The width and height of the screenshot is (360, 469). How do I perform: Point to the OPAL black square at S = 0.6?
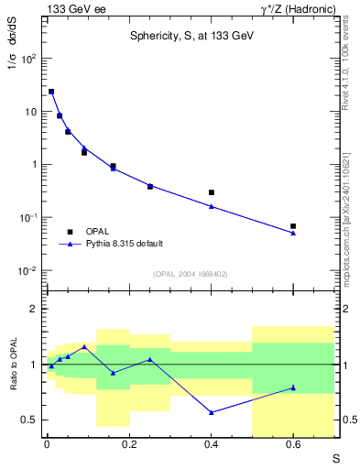coord(293,226)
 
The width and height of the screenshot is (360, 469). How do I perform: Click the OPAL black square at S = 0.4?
coord(211,192)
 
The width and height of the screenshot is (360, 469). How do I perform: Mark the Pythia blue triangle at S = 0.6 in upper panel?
coord(293,233)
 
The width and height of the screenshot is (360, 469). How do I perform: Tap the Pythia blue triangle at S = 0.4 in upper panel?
coord(211,206)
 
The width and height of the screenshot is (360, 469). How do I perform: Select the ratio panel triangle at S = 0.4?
coord(211,412)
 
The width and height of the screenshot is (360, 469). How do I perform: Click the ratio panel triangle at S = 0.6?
coord(293,387)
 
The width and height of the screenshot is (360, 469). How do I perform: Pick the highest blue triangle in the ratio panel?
coord(84,347)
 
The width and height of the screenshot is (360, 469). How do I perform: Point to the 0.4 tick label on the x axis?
coord(211,445)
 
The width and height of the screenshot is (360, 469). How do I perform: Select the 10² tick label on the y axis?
coord(28,59)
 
